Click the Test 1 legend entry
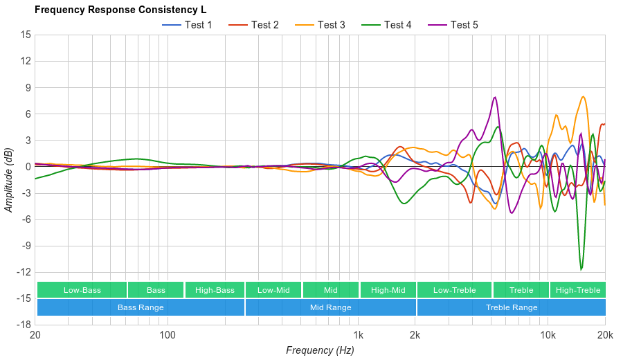(187, 25)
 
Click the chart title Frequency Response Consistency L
(120, 10)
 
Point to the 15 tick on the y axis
(26, 34)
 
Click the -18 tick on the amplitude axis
(24, 325)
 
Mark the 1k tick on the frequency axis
(358, 335)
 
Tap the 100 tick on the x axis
(168, 335)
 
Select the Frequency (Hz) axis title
(320, 350)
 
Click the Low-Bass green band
(82, 290)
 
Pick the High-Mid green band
(388, 290)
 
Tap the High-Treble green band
(578, 290)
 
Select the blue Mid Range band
(330, 307)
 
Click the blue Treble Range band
(512, 307)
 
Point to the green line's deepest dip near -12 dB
(581, 269)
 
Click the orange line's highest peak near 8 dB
(584, 96)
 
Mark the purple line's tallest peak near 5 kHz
(495, 97)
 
